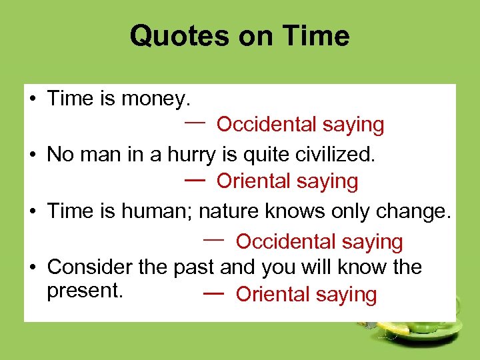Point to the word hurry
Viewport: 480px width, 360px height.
pos(193,155)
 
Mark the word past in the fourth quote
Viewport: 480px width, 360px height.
pos(194,267)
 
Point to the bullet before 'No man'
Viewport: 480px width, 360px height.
pos(32,156)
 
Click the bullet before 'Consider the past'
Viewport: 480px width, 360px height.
pos(32,268)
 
